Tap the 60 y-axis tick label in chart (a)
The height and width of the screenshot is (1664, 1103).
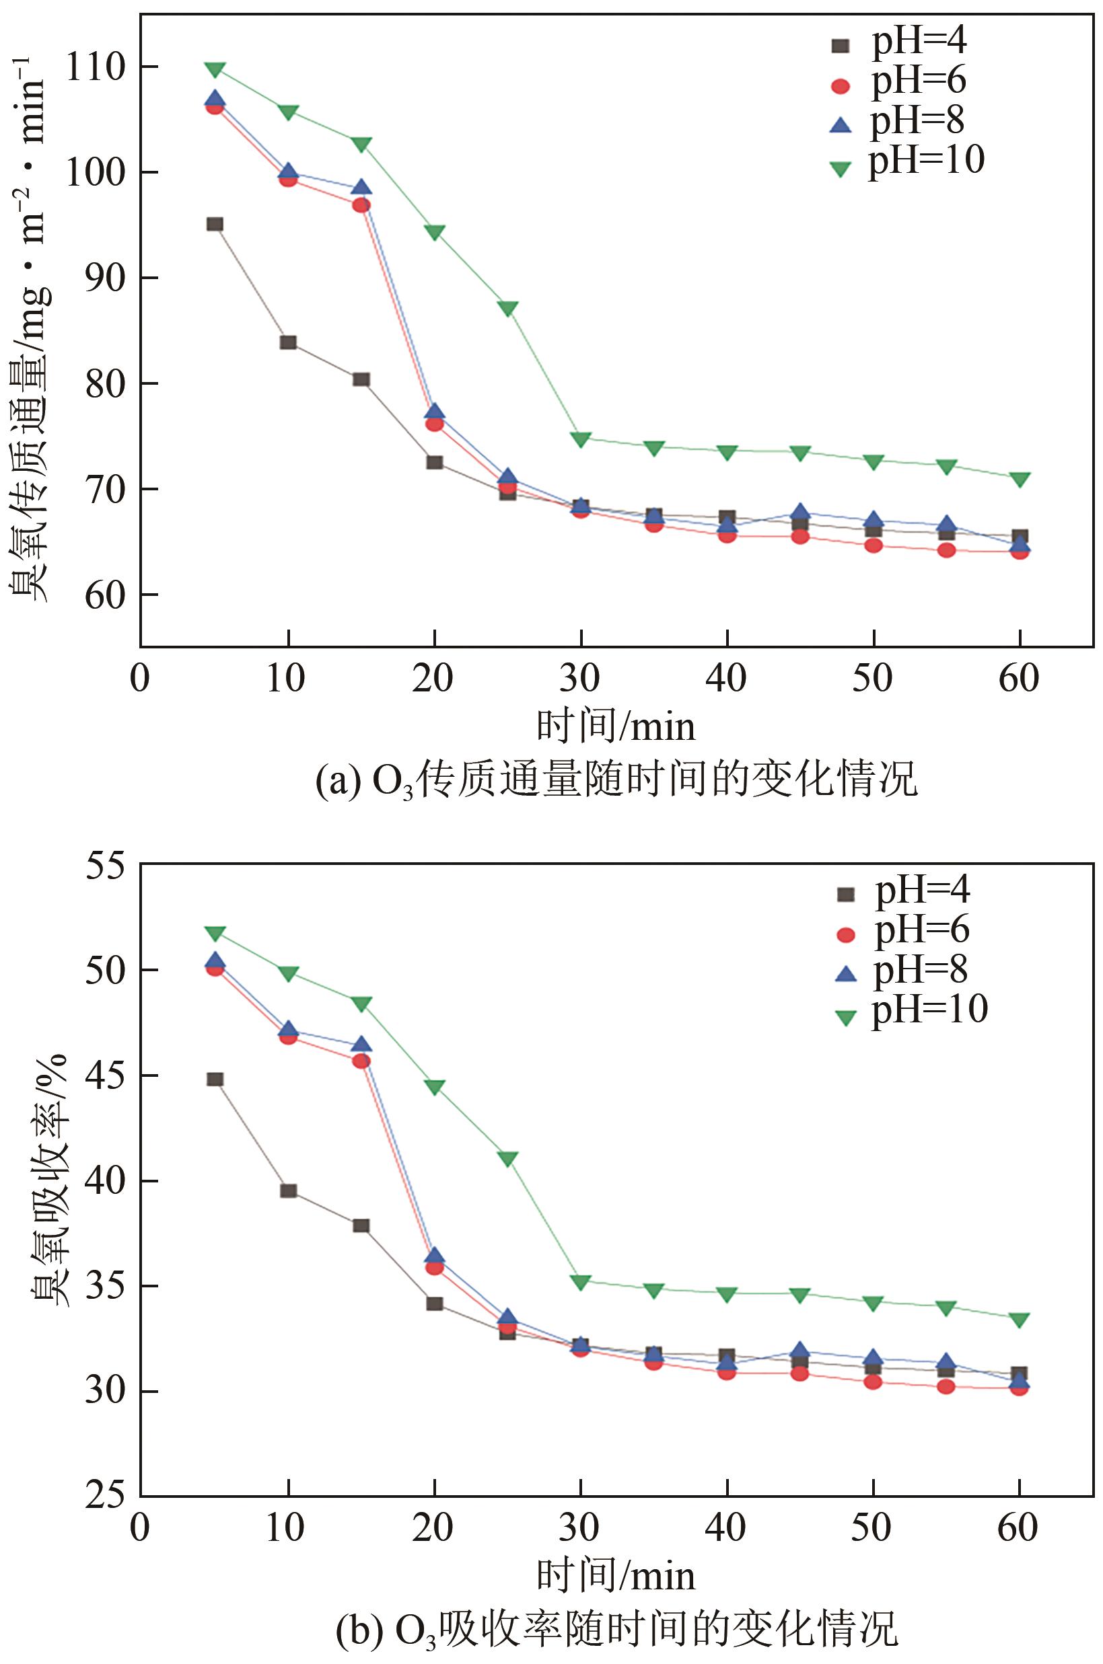click(104, 595)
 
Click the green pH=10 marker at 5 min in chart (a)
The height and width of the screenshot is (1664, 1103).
click(215, 69)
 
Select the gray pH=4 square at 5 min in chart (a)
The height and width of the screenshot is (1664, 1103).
click(215, 224)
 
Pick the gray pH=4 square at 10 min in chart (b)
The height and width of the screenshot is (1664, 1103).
click(289, 1191)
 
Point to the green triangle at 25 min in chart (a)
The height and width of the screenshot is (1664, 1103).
click(508, 309)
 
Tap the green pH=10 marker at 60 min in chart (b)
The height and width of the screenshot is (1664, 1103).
click(1020, 1320)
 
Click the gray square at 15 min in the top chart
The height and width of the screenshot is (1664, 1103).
click(361, 379)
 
